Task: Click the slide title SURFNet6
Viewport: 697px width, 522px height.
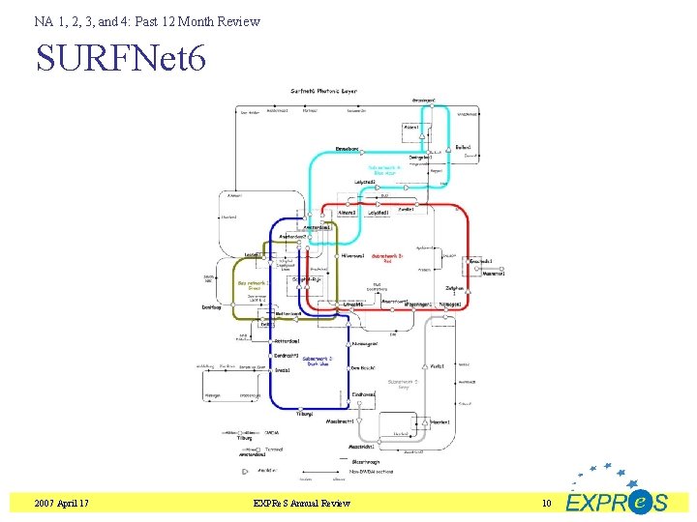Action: [121, 59]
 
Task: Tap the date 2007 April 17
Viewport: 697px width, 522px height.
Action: [61, 504]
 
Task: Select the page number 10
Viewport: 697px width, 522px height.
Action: [546, 504]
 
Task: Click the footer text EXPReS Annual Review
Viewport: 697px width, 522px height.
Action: [301, 504]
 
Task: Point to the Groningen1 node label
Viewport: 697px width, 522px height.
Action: [423, 100]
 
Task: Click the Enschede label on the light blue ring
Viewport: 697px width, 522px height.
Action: [348, 149]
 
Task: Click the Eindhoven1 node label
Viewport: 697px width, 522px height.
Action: [364, 393]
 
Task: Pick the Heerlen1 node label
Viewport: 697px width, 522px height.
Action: [440, 421]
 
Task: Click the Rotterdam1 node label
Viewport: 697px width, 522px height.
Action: [287, 341]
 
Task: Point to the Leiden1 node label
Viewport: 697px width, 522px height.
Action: [254, 254]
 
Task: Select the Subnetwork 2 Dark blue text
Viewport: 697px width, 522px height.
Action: [318, 361]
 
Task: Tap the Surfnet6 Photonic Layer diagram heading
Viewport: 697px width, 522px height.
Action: [323, 91]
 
